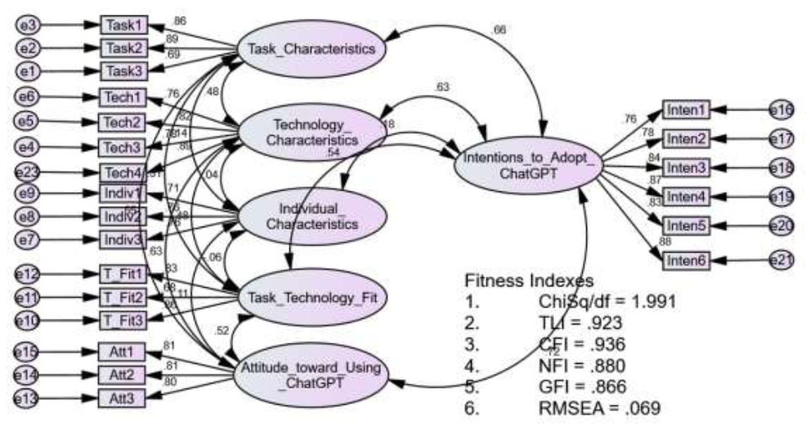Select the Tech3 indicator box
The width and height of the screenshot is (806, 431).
123,147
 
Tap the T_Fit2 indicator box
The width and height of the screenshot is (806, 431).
123,296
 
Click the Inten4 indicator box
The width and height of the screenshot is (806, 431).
685,196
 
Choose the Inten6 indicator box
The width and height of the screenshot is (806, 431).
685,260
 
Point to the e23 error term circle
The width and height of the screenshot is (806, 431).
29,173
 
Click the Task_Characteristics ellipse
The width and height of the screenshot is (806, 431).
311,48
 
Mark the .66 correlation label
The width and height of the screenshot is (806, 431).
500,30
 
